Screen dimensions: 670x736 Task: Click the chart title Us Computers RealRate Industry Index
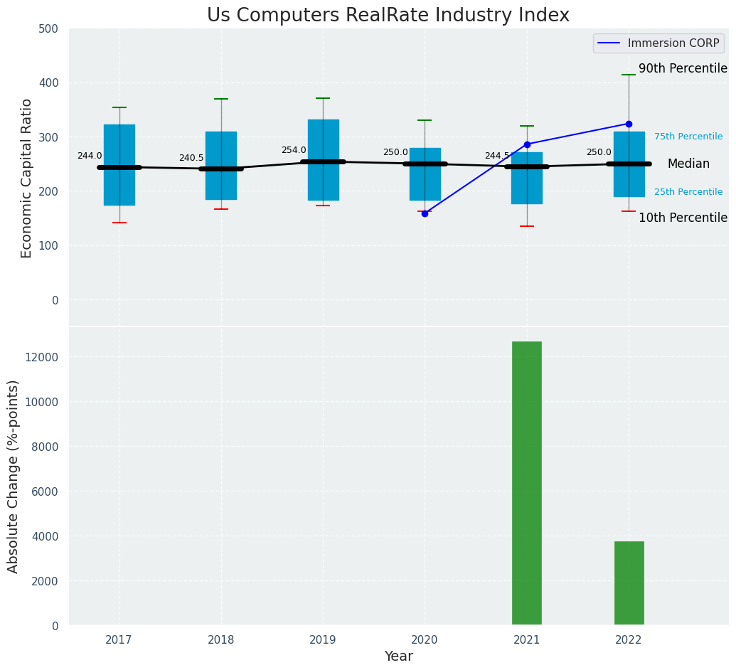click(x=388, y=16)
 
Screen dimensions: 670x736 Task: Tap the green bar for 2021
click(x=526, y=483)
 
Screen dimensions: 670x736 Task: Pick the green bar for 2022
click(x=629, y=583)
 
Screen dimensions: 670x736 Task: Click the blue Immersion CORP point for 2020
click(x=425, y=213)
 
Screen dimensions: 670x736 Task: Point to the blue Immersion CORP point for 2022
click(x=629, y=124)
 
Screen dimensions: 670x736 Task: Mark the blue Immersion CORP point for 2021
click(x=527, y=144)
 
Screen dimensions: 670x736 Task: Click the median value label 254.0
click(x=294, y=150)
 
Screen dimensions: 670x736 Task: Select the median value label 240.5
click(x=191, y=158)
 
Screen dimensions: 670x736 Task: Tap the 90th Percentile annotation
click(x=683, y=69)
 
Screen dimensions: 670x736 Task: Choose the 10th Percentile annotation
click(x=683, y=218)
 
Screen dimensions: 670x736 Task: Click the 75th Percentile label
click(x=688, y=137)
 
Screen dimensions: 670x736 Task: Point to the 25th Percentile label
click(x=688, y=192)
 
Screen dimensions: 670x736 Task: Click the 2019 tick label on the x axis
click(x=323, y=640)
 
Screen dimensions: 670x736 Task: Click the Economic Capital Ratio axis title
click(x=27, y=178)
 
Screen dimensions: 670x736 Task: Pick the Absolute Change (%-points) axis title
click(x=14, y=476)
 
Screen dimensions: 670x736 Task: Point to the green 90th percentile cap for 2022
click(x=629, y=75)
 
